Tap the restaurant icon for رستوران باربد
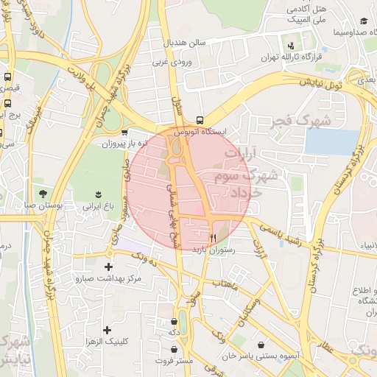click(x=213, y=238)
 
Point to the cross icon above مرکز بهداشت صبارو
click(x=110, y=267)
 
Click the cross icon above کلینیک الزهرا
click(x=108, y=330)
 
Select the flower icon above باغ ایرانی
click(x=98, y=195)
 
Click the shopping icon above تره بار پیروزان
click(x=124, y=133)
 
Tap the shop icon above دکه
click(x=174, y=321)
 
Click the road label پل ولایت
click(x=80, y=77)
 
